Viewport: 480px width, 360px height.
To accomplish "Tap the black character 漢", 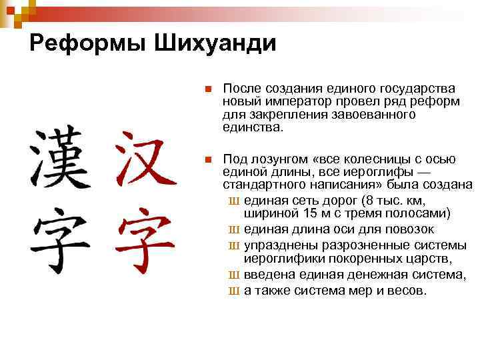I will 59,158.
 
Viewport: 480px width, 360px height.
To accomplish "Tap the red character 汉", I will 145,158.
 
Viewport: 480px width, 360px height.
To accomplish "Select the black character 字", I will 59,237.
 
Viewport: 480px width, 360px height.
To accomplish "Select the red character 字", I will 145,237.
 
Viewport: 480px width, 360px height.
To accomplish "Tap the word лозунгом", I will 279,159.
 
